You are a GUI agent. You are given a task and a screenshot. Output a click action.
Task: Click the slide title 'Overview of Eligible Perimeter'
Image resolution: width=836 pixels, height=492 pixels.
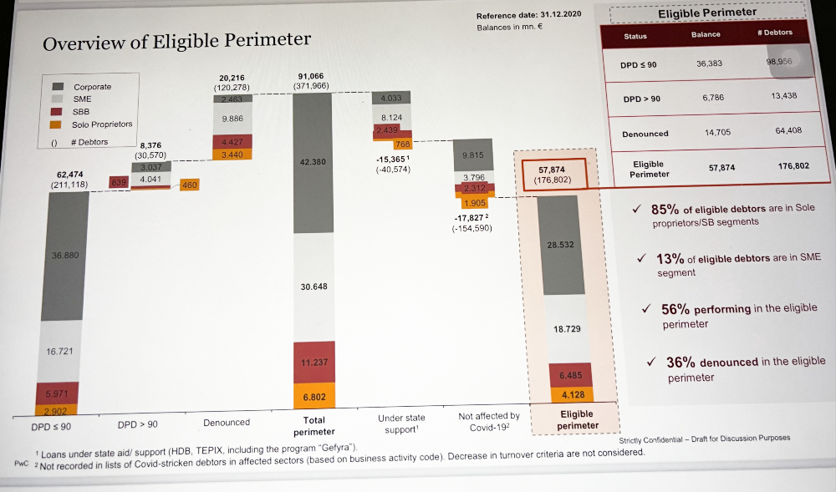pos(176,41)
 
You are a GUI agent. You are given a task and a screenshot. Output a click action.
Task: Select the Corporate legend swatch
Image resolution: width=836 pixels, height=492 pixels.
pos(59,87)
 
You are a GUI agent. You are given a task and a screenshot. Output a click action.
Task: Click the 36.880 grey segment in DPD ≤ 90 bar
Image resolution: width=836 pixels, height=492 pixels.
pos(64,255)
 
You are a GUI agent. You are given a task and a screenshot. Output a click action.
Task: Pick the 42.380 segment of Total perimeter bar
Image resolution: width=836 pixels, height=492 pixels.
pos(313,162)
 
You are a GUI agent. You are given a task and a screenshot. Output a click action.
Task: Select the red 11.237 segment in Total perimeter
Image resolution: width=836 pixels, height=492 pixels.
pos(313,362)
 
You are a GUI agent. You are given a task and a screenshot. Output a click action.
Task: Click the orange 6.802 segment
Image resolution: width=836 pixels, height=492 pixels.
pos(313,397)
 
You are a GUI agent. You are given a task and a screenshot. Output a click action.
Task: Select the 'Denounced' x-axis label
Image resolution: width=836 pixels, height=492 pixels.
pos(226,423)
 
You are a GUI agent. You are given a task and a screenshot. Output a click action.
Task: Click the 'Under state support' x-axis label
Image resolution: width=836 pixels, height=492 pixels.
pos(401,423)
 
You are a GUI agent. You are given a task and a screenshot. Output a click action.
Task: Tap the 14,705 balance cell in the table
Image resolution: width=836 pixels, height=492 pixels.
pos(717,132)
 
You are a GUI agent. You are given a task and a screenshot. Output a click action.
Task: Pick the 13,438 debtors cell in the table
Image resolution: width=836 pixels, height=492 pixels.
pos(783,96)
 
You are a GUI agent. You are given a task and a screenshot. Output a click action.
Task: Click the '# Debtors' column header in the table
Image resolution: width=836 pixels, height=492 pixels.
pos(774,33)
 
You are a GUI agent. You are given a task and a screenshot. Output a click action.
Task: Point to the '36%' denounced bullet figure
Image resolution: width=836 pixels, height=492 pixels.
pos(681,363)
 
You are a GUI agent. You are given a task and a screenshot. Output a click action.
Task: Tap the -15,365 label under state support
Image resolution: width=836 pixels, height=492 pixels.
pos(392,159)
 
